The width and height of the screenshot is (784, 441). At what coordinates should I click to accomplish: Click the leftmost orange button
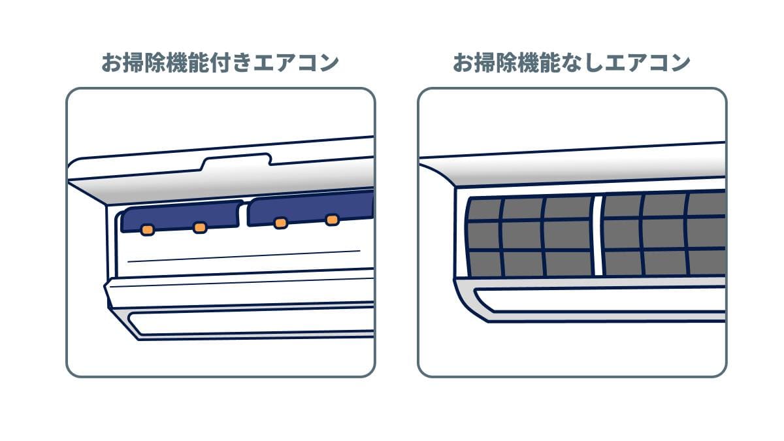point(148,230)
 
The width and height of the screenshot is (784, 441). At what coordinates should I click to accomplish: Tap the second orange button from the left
point(199,227)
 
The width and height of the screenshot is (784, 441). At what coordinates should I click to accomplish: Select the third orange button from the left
point(281,223)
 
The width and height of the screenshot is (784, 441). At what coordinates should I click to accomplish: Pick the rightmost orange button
point(332,220)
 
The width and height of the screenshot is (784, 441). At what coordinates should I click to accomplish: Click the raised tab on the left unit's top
point(237,160)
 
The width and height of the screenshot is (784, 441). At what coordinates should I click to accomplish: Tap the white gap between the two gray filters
point(598,236)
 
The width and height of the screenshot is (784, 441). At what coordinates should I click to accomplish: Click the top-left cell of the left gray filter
point(484,209)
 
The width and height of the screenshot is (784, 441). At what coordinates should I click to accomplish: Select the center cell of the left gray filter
point(522,235)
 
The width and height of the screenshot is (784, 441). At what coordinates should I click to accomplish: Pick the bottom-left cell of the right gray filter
point(623,263)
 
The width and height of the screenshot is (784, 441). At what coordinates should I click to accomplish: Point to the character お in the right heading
point(463,63)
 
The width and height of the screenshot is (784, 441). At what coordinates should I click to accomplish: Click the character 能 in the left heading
point(200,63)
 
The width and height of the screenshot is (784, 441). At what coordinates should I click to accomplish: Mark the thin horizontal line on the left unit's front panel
point(244,256)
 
